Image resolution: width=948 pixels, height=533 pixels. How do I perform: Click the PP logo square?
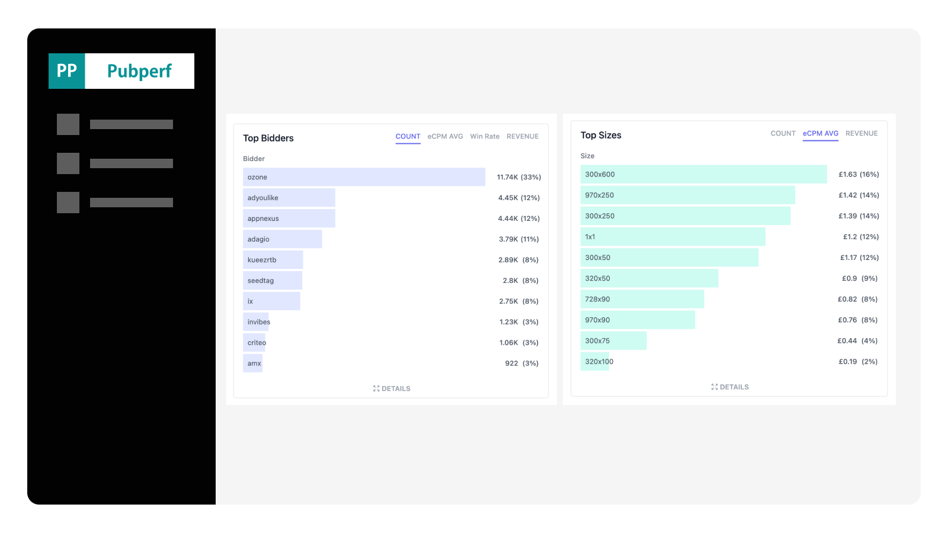point(67,71)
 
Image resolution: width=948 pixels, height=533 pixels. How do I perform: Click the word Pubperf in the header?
point(139,71)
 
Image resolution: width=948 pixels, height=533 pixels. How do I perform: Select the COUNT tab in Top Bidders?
point(408,136)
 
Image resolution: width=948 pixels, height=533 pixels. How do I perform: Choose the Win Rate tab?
point(485,136)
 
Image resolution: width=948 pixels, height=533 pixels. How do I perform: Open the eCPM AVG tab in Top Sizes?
point(820,133)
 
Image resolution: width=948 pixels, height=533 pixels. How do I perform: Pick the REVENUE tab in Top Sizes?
point(861,133)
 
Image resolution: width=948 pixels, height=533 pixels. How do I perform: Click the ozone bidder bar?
point(363,177)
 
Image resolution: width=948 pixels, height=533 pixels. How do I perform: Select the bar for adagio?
point(282,239)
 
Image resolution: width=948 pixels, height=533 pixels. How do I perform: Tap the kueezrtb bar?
point(273,260)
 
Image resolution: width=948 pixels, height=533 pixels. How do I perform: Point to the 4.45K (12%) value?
point(518,198)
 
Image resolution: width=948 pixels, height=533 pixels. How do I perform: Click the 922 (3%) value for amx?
point(521,364)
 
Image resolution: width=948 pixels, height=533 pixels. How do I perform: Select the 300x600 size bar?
point(703,174)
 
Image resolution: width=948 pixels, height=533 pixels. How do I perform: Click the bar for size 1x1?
point(672,237)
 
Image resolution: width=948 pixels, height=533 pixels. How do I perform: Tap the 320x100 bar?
point(595,361)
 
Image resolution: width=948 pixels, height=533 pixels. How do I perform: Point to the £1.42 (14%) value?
point(858,195)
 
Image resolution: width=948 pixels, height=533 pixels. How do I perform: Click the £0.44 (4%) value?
point(857,341)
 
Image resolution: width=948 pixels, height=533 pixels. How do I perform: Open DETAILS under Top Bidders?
point(392,388)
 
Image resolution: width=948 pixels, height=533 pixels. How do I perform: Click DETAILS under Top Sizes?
point(730,387)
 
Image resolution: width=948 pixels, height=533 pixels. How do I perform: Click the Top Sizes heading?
point(600,135)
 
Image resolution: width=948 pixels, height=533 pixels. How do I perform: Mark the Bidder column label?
point(254,159)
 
